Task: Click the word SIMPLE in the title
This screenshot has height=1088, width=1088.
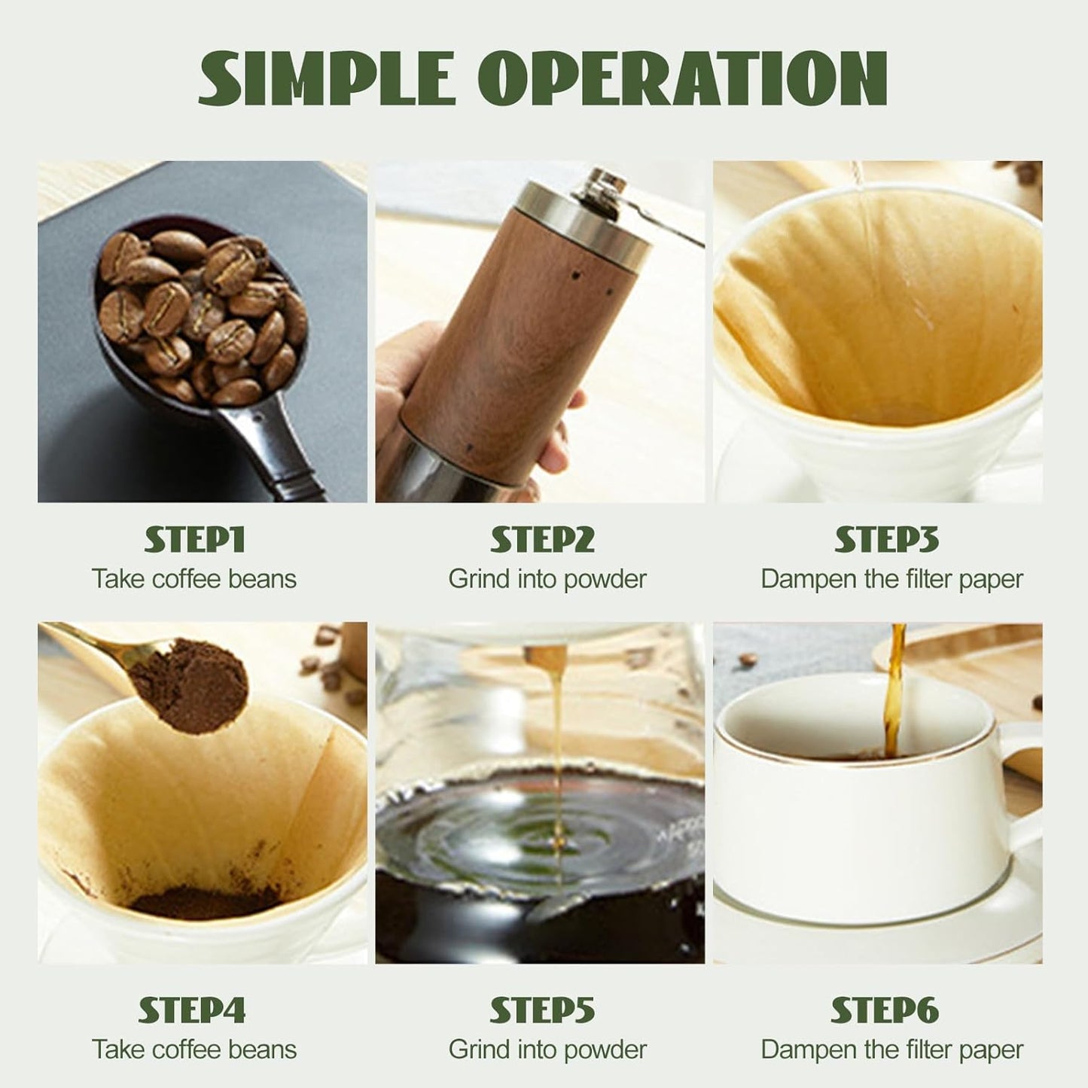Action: tap(327, 78)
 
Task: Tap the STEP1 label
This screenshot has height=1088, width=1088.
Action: tap(194, 540)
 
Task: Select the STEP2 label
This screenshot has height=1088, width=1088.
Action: tap(542, 540)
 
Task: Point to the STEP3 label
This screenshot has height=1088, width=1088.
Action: tap(886, 540)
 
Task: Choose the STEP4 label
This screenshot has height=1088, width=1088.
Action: tap(192, 1010)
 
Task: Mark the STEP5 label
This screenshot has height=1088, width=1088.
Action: tap(542, 1010)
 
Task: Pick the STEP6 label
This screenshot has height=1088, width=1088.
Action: tap(885, 1010)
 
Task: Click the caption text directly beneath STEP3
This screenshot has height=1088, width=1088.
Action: tap(891, 579)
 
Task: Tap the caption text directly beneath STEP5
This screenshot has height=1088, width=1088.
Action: tap(547, 1050)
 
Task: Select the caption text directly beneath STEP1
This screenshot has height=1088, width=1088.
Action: tap(194, 579)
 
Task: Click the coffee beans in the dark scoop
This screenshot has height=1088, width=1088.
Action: tap(203, 312)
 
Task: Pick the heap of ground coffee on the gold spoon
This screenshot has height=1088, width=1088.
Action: tap(197, 681)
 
